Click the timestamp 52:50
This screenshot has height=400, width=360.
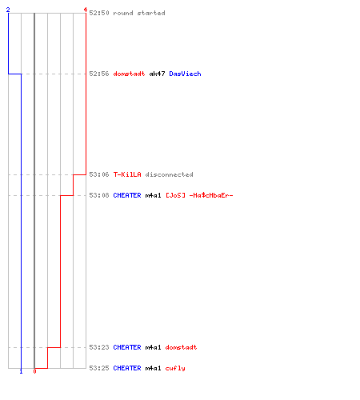point(99,13)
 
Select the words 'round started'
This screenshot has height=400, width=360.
point(139,13)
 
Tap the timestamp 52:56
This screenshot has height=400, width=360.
point(99,74)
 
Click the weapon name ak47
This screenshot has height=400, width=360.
point(157,74)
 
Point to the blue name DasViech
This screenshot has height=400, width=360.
point(185,74)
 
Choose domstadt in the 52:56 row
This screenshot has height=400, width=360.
point(129,74)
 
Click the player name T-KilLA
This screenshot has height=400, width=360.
point(127,174)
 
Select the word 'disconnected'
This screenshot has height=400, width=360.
point(169,174)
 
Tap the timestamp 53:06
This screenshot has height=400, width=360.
point(99,174)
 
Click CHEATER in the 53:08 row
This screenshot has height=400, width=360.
point(127,195)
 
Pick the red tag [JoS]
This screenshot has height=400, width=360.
point(175,195)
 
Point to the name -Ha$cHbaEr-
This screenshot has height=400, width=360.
point(211,195)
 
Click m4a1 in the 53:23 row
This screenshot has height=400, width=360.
point(153,347)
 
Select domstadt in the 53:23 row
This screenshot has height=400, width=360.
point(181,347)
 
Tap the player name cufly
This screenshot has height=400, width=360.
point(175,368)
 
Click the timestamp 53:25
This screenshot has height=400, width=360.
point(99,368)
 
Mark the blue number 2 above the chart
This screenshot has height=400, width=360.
point(8,10)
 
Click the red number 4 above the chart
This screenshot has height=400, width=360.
point(86,10)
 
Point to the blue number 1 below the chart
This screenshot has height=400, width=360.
point(21,371)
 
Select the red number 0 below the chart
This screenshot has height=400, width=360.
point(34,371)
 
